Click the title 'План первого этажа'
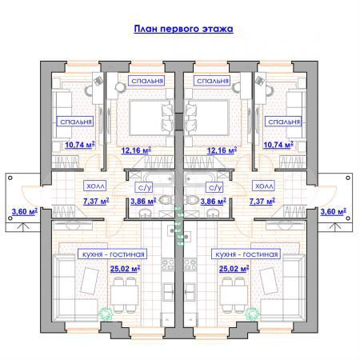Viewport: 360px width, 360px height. tap(182, 30)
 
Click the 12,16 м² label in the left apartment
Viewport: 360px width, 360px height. tap(136, 149)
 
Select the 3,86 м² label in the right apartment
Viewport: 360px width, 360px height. tap(214, 202)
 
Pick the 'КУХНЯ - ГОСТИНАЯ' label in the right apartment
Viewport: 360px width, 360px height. tap(246, 254)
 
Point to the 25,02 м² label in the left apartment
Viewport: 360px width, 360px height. tap(126, 269)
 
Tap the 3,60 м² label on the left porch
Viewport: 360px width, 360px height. tap(26, 212)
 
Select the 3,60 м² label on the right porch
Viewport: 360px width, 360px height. tap(332, 212)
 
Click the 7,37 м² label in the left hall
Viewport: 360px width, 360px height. tap(97, 202)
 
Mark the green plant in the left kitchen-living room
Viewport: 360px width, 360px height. tap(103, 314)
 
